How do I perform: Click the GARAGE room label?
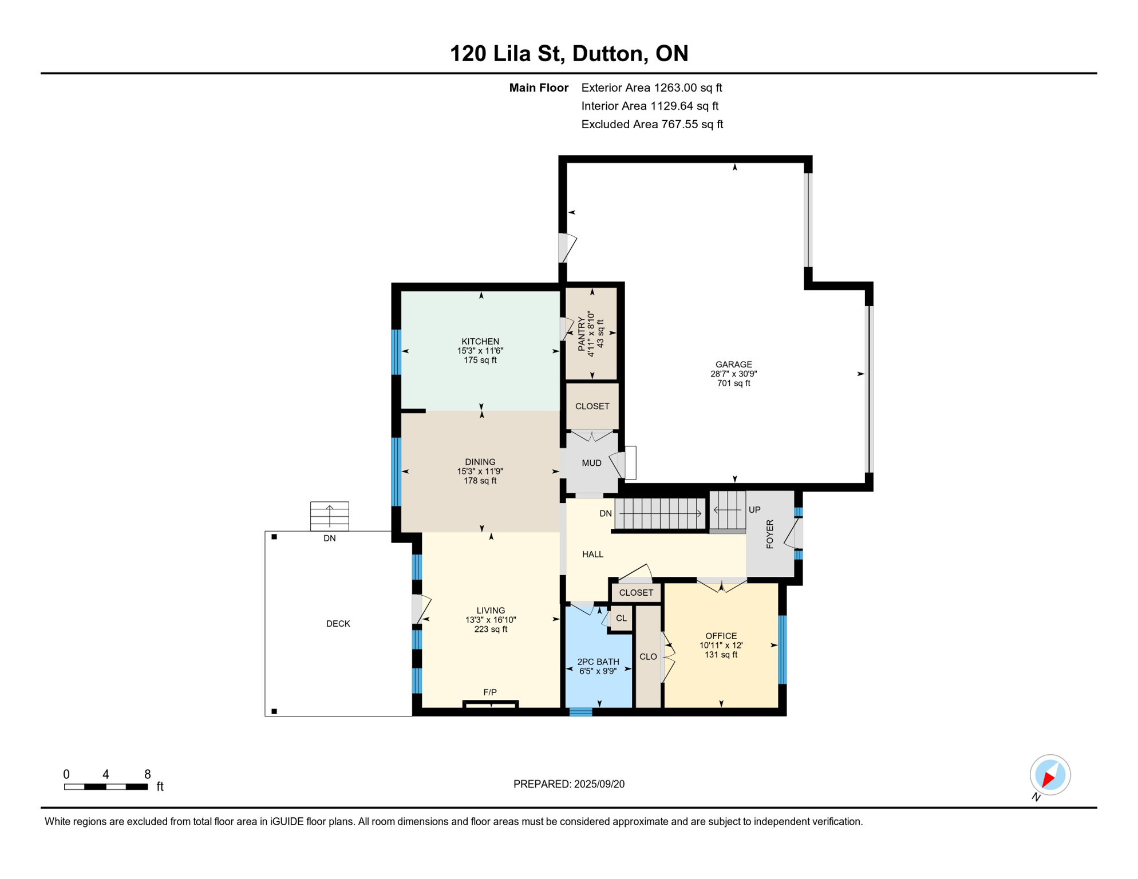[x=733, y=365]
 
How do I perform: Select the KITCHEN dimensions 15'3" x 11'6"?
[x=480, y=351]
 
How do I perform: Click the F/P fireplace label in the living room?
[x=490, y=692]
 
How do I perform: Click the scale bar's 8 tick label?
[x=147, y=774]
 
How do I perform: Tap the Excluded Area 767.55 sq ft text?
[x=652, y=124]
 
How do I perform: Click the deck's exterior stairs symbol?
[x=330, y=516]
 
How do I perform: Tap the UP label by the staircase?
[x=754, y=510]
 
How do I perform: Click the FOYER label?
[x=770, y=534]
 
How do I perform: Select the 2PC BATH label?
[x=598, y=662]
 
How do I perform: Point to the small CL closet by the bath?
[x=621, y=619]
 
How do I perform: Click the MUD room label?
[x=591, y=463]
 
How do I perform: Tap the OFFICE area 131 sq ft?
[x=721, y=655]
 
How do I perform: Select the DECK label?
[x=338, y=624]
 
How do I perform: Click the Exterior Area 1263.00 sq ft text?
[x=651, y=88]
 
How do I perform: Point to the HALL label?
[x=592, y=554]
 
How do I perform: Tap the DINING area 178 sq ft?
[x=480, y=481]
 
